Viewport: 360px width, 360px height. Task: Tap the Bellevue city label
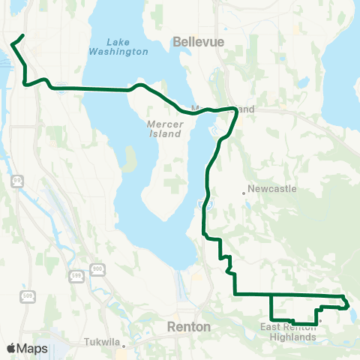point(198,43)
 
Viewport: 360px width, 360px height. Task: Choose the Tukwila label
point(105,346)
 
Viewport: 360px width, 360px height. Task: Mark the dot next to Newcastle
point(244,193)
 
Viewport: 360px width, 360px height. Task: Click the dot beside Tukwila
point(124,346)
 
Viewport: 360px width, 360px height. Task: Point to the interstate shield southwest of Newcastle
point(199,202)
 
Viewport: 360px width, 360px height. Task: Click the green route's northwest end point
point(23,35)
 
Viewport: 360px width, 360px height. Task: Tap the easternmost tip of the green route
point(348,304)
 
